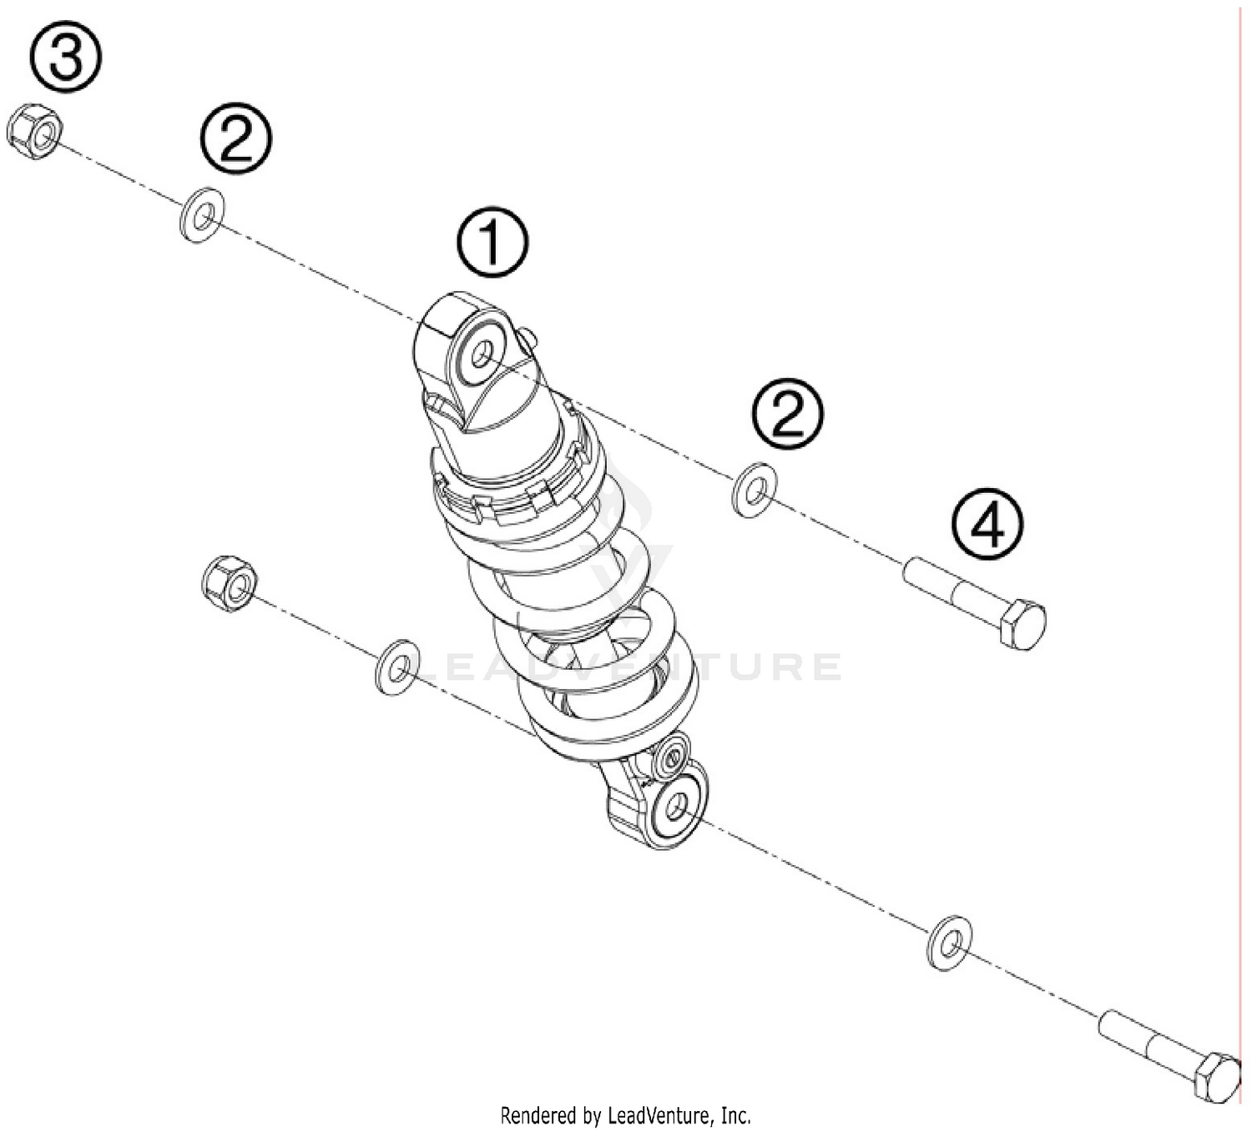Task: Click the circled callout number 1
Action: [x=492, y=242]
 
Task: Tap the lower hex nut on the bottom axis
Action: [x=229, y=582]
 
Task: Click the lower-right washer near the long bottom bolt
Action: [x=949, y=943]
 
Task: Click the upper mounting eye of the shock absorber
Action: [x=480, y=354]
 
